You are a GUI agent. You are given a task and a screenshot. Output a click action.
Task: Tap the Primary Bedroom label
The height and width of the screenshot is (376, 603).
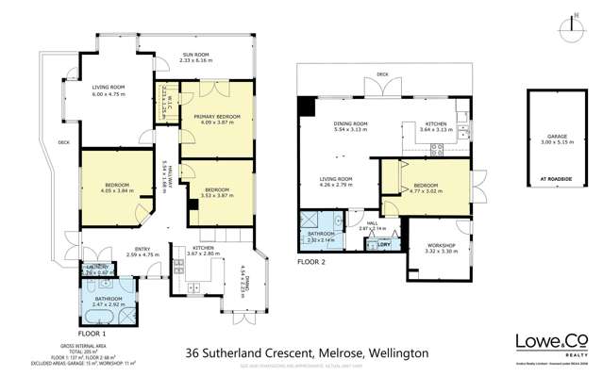click(x=217, y=120)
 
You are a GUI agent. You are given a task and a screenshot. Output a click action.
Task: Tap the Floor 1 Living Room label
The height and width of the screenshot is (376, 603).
click(x=107, y=90)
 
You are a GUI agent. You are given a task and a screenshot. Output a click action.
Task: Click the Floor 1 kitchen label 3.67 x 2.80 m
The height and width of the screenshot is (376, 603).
click(x=190, y=252)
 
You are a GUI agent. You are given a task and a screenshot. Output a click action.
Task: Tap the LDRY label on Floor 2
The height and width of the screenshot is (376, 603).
click(x=384, y=245)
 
